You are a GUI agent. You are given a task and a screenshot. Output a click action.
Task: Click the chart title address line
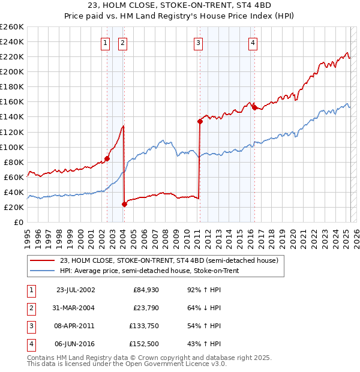coord(180,8)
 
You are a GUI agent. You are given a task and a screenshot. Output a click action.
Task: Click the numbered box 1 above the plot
coord(106,43)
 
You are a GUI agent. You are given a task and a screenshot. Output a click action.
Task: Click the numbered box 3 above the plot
coord(198,43)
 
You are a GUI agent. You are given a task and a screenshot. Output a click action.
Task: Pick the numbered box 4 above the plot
coord(253,43)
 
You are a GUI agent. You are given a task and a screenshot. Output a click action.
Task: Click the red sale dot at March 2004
coord(124,204)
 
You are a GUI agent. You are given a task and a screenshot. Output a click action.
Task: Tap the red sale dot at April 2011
coord(200,121)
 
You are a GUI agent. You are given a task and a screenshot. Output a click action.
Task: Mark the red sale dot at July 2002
coord(107,158)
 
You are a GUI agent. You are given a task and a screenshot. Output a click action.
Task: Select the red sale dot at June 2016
coord(254,107)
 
